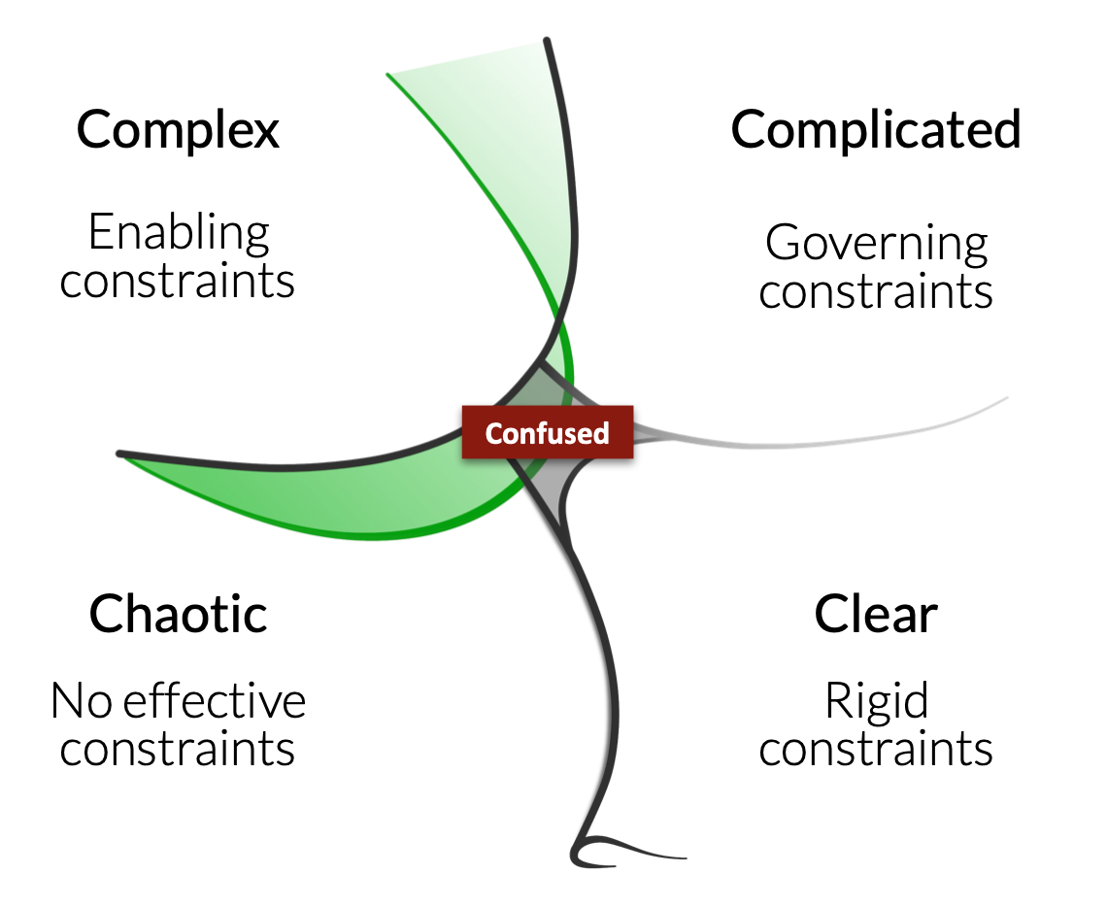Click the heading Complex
(x=178, y=130)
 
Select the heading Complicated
(x=876, y=130)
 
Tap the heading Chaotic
(x=178, y=614)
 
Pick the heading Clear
(x=876, y=614)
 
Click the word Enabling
(x=179, y=232)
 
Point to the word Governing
(x=876, y=244)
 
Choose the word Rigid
(x=876, y=701)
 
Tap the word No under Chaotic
(x=82, y=701)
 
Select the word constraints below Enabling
(x=177, y=282)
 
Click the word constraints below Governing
(x=876, y=292)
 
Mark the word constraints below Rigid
(x=876, y=749)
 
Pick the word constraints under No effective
(x=177, y=749)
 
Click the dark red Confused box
(x=547, y=433)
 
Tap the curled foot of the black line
(x=600, y=851)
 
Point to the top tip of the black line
(x=547, y=40)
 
